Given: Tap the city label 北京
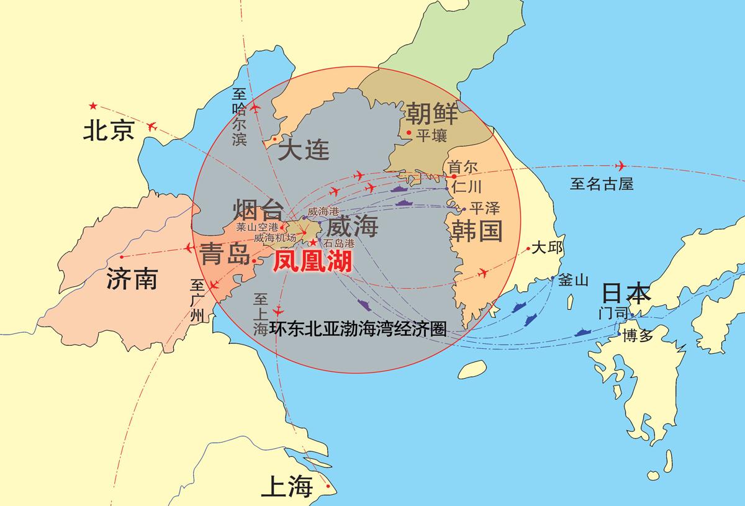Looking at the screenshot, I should click(x=109, y=131).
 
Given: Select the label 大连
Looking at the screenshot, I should click(x=304, y=150).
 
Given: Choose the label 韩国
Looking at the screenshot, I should click(x=476, y=231).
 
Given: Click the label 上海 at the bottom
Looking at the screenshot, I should click(x=286, y=487).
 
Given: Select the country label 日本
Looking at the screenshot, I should click(x=627, y=294).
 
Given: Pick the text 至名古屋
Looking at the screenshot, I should click(x=602, y=183).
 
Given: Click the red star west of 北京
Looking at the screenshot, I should click(x=93, y=106).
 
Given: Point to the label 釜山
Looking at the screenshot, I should click(x=572, y=280).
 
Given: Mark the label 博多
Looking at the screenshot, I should click(x=638, y=336).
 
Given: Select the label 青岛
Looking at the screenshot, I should click(x=224, y=254).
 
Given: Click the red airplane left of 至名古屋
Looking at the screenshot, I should click(x=620, y=166).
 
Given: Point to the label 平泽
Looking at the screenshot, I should click(x=485, y=208).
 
